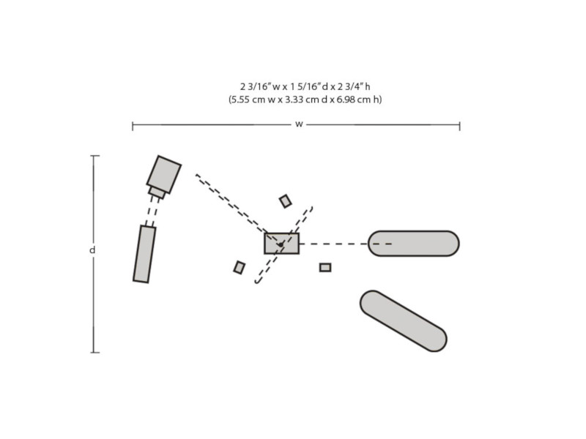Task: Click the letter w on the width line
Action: point(299,124)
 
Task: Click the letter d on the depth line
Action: point(92,249)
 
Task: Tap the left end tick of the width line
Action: point(133,126)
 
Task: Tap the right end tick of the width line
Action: point(459,126)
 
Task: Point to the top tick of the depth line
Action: point(95,156)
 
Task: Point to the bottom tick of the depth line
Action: point(95,352)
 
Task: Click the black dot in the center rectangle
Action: point(281,244)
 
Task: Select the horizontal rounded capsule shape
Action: point(414,244)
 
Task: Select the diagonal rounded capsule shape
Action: point(404,321)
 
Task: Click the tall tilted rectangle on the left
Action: point(144,254)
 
